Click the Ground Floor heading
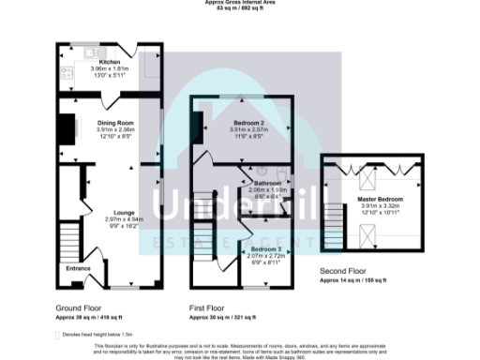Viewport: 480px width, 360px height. click(78, 307)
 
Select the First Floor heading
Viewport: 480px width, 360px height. click(208, 307)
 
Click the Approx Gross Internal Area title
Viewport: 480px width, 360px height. click(239, 3)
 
